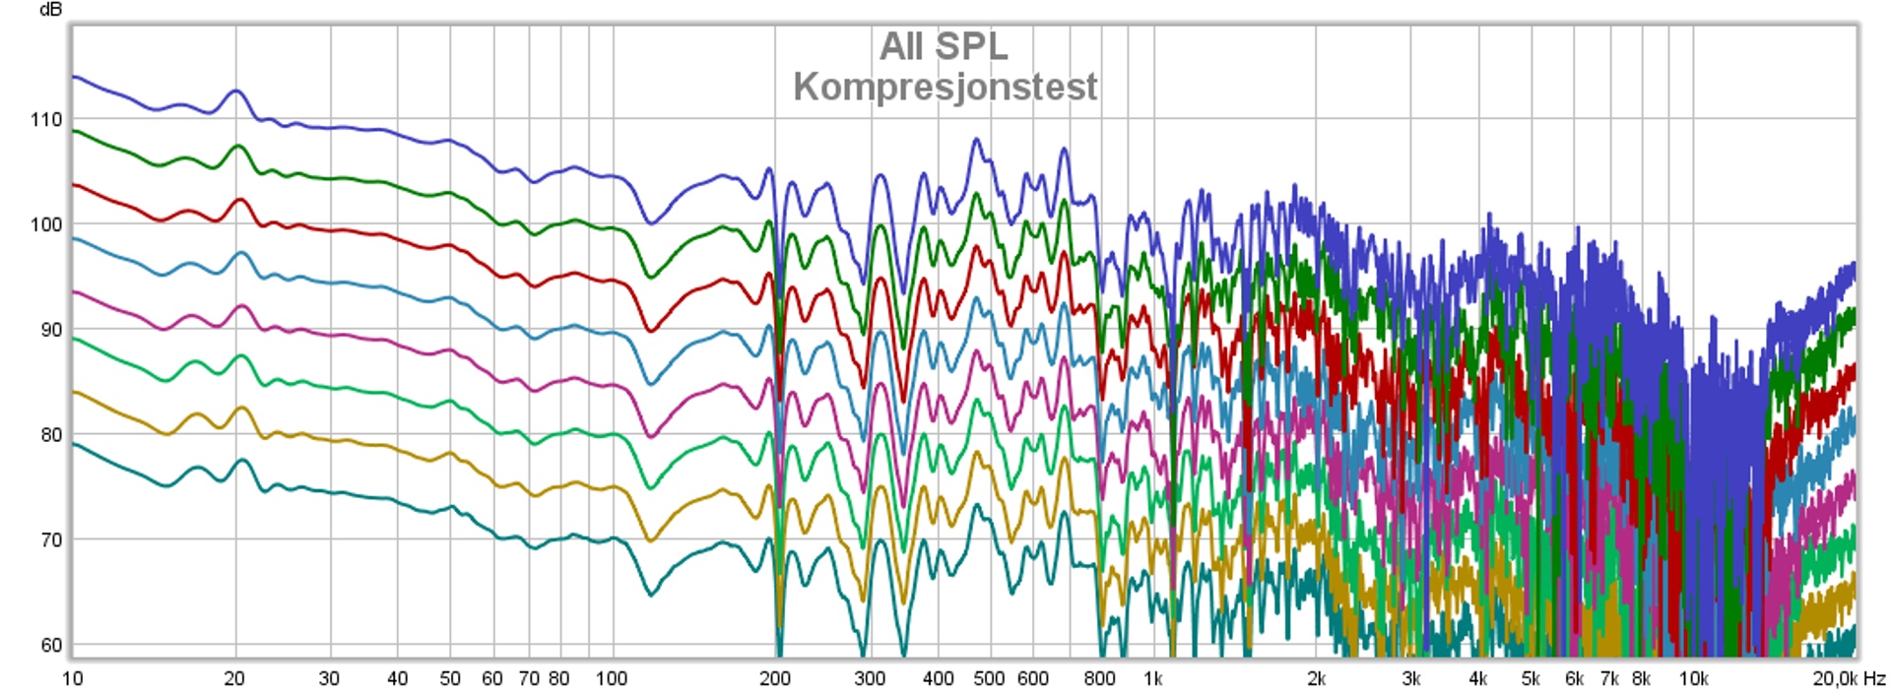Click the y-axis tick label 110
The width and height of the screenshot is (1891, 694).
pyautogui.click(x=45, y=120)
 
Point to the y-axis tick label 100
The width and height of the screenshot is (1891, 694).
pyautogui.click(x=45, y=224)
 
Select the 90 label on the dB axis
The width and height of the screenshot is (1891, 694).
pyautogui.click(x=50, y=330)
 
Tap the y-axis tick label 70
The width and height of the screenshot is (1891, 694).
pyautogui.click(x=50, y=540)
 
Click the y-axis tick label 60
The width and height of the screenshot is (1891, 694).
pyautogui.click(x=50, y=646)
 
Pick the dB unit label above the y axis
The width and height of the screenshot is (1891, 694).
pyautogui.click(x=50, y=10)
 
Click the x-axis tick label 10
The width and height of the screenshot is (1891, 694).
pyautogui.click(x=72, y=678)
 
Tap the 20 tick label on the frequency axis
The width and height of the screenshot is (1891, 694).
pyautogui.click(x=234, y=678)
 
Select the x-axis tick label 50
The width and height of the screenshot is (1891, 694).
pyautogui.click(x=450, y=678)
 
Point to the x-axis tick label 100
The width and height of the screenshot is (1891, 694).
pyautogui.click(x=612, y=678)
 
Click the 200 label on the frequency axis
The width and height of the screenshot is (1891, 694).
pyautogui.click(x=774, y=678)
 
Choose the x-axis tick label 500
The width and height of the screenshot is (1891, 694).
pyautogui.click(x=989, y=678)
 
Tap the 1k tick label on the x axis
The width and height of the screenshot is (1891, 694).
pyautogui.click(x=1152, y=678)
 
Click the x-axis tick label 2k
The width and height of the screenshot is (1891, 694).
pyautogui.click(x=1316, y=678)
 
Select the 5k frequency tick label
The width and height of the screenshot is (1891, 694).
pyautogui.click(x=1531, y=678)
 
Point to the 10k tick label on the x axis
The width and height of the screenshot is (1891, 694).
pyautogui.click(x=1693, y=678)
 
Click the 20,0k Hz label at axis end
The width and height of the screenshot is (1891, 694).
pyautogui.click(x=1849, y=678)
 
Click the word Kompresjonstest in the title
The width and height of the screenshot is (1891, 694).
pyautogui.click(x=945, y=87)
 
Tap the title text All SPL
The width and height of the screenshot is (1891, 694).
pyautogui.click(x=944, y=46)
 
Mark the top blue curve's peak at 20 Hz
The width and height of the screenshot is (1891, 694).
pyautogui.click(x=235, y=91)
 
